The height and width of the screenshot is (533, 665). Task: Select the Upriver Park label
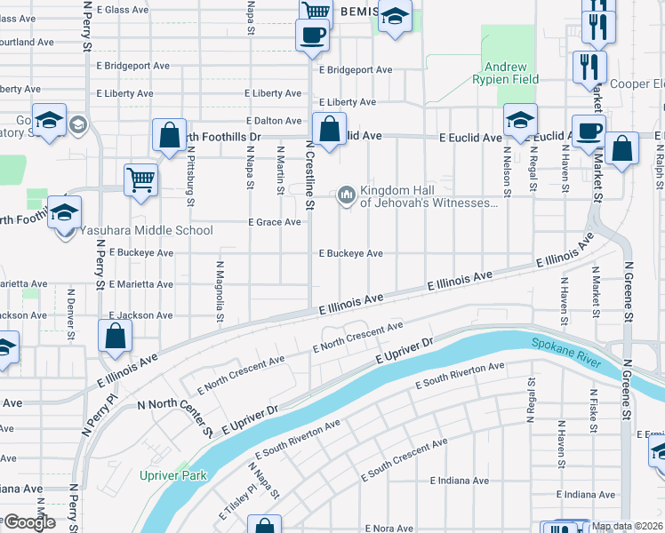[172, 475]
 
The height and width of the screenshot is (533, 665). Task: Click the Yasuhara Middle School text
[147, 231]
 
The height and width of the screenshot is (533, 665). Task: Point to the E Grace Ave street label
[274, 222]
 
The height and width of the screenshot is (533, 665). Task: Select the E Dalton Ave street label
[274, 121]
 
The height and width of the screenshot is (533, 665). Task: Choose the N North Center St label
[174, 418]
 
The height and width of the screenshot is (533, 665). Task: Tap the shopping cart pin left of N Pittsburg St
[140, 180]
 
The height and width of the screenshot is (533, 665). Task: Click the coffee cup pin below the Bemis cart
[311, 36]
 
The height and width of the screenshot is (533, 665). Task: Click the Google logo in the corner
[28, 522]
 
